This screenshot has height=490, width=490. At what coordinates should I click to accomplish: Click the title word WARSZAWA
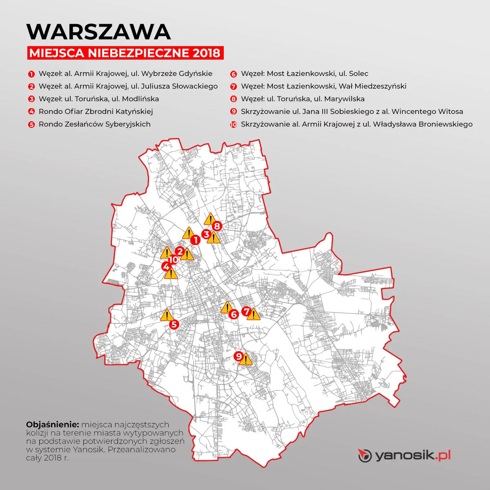(98, 31)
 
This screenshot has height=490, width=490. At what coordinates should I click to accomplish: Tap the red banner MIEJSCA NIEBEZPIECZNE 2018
(125, 53)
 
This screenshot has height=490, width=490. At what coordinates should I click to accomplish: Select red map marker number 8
(216, 226)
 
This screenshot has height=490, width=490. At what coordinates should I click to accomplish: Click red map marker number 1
(195, 240)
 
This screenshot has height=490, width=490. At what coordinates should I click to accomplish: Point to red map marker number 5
(174, 325)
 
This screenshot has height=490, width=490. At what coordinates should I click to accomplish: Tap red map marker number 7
(246, 312)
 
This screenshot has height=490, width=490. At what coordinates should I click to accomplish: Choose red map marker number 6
(234, 314)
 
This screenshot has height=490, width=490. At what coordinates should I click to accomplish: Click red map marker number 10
(174, 259)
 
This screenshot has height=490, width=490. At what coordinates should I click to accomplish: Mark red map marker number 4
(166, 267)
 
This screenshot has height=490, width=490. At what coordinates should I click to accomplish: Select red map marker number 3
(207, 234)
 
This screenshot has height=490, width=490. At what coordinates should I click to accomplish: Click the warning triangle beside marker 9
(246, 360)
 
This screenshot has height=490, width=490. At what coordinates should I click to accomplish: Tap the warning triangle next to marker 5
(166, 315)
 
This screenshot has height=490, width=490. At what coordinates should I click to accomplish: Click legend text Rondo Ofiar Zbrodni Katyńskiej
(96, 111)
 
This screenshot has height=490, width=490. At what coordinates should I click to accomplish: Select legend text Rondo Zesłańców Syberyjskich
(94, 124)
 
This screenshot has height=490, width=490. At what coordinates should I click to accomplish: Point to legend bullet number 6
(234, 74)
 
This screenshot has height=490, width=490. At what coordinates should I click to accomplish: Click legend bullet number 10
(234, 125)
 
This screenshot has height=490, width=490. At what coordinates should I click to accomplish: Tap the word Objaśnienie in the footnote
(52, 425)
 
